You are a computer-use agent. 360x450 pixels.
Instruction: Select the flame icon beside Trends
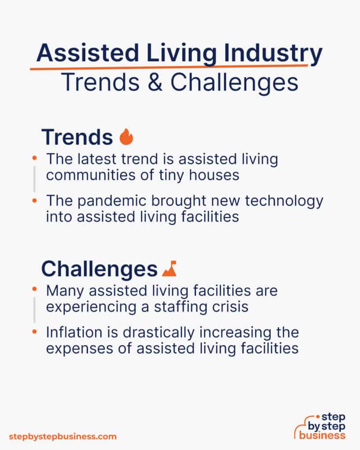pyautogui.click(x=126, y=137)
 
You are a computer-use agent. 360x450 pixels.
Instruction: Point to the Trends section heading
pyautogui.click(x=77, y=138)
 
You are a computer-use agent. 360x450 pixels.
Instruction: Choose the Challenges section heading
pyautogui.click(x=99, y=269)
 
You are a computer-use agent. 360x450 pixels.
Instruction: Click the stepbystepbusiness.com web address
pyautogui.click(x=63, y=436)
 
